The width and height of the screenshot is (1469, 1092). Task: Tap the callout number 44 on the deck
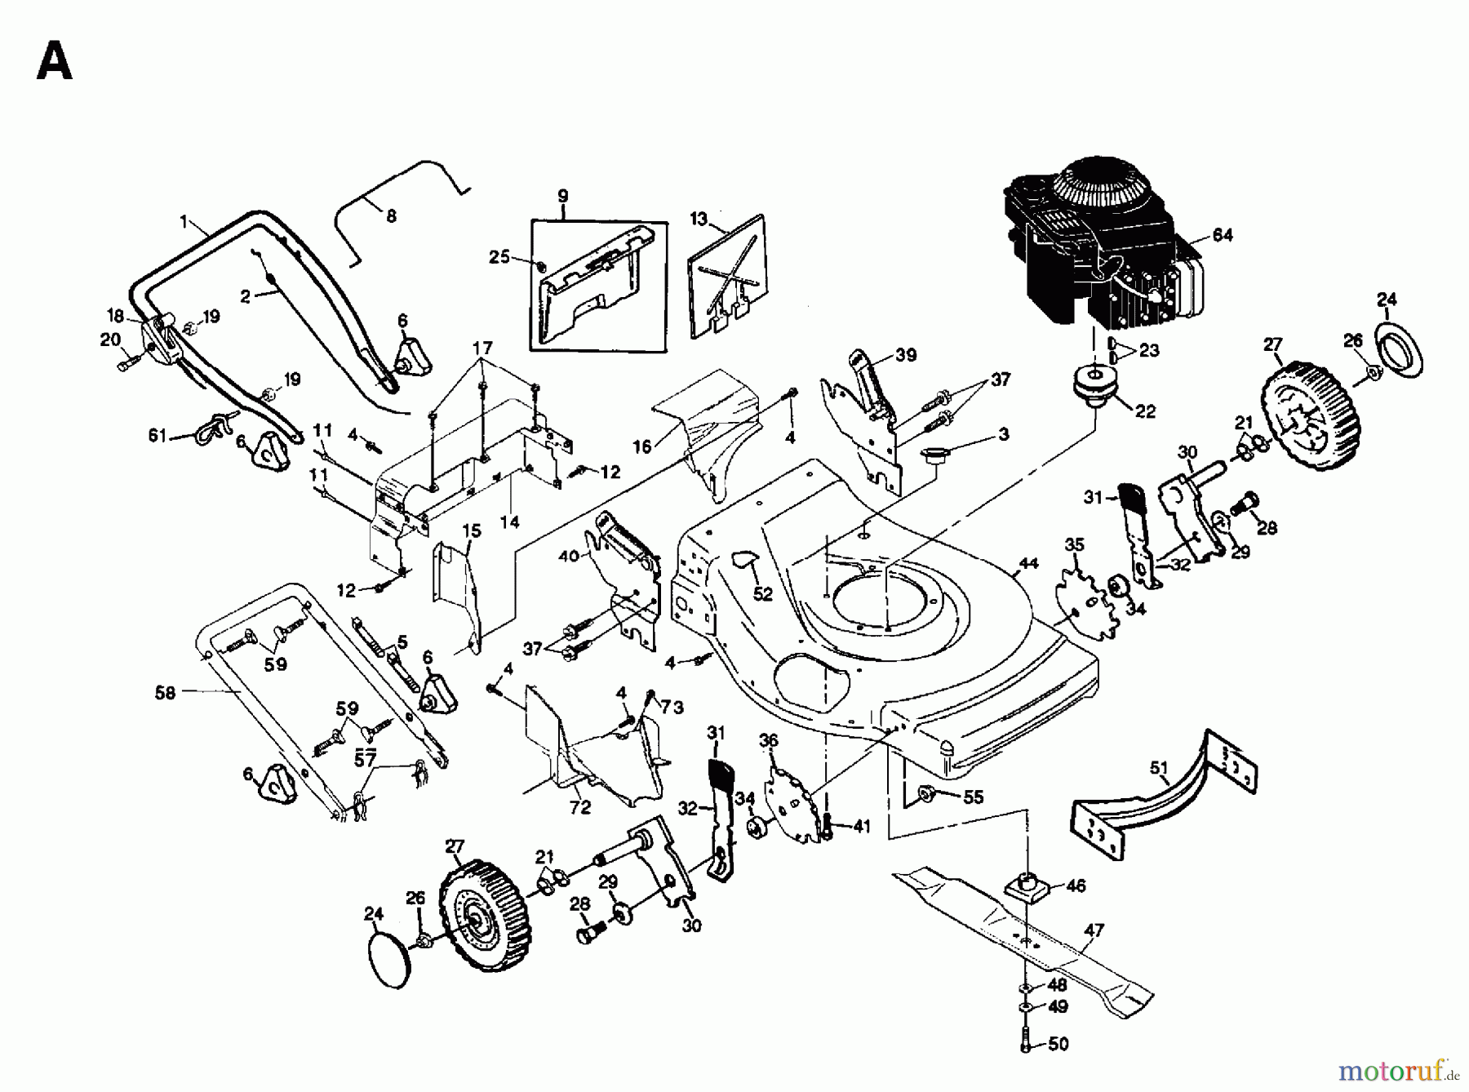point(1028,563)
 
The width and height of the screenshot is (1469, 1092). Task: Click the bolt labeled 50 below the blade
point(1026,1042)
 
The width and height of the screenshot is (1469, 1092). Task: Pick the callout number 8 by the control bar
point(391,216)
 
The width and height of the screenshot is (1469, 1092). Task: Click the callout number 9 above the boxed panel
point(563,197)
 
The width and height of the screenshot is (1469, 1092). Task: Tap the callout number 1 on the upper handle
point(184,221)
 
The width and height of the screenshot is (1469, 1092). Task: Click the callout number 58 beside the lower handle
point(165,692)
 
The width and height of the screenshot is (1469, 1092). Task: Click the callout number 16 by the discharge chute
point(642,446)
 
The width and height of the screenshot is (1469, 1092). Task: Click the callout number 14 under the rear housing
point(509,522)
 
